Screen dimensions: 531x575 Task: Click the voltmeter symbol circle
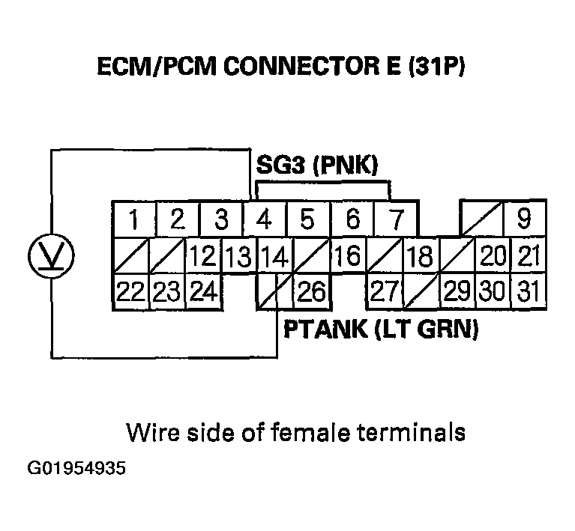click(50, 255)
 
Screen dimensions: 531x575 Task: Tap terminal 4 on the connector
click(264, 220)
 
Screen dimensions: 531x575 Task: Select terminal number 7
click(397, 220)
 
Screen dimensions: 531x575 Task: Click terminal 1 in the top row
click(133, 220)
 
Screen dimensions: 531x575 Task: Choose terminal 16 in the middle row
click(347, 257)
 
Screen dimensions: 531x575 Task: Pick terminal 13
click(238, 257)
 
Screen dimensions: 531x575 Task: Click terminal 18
click(421, 257)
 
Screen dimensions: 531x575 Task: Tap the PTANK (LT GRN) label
click(380, 329)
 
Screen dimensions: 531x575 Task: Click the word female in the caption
click(306, 432)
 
